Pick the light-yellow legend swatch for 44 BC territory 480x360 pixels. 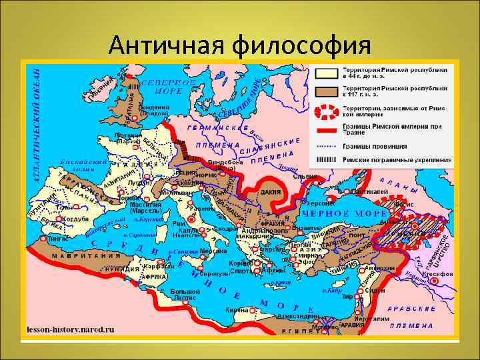(x=325, y=73)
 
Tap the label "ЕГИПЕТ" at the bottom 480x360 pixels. (x=293, y=331)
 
